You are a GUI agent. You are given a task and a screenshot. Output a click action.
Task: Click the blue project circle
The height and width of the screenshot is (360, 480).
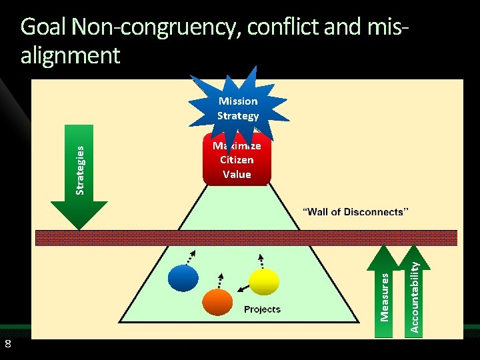coord(183,279)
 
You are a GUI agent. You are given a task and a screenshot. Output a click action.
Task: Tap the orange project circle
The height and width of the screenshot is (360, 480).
coord(217,302)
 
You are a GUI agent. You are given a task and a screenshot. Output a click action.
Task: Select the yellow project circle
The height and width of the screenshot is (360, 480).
coord(263,282)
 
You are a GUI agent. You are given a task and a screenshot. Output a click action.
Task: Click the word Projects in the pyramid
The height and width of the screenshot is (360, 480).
coord(262,309)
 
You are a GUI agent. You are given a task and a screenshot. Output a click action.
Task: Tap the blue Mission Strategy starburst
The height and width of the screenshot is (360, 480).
coord(238,109)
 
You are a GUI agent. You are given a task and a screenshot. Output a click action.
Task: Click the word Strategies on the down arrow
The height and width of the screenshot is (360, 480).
coord(80,171)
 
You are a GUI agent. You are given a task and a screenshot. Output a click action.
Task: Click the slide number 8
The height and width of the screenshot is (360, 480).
coord(7,344)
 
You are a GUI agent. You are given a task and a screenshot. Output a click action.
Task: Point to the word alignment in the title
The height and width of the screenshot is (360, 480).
coord(71,55)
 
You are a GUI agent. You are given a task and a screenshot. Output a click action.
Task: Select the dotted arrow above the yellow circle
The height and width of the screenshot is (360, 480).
coord(261,261)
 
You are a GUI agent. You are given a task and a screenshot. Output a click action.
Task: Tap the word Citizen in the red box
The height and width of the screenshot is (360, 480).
coord(237,160)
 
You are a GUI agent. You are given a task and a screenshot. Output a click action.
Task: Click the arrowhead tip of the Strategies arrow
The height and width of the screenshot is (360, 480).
coord(79,228)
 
